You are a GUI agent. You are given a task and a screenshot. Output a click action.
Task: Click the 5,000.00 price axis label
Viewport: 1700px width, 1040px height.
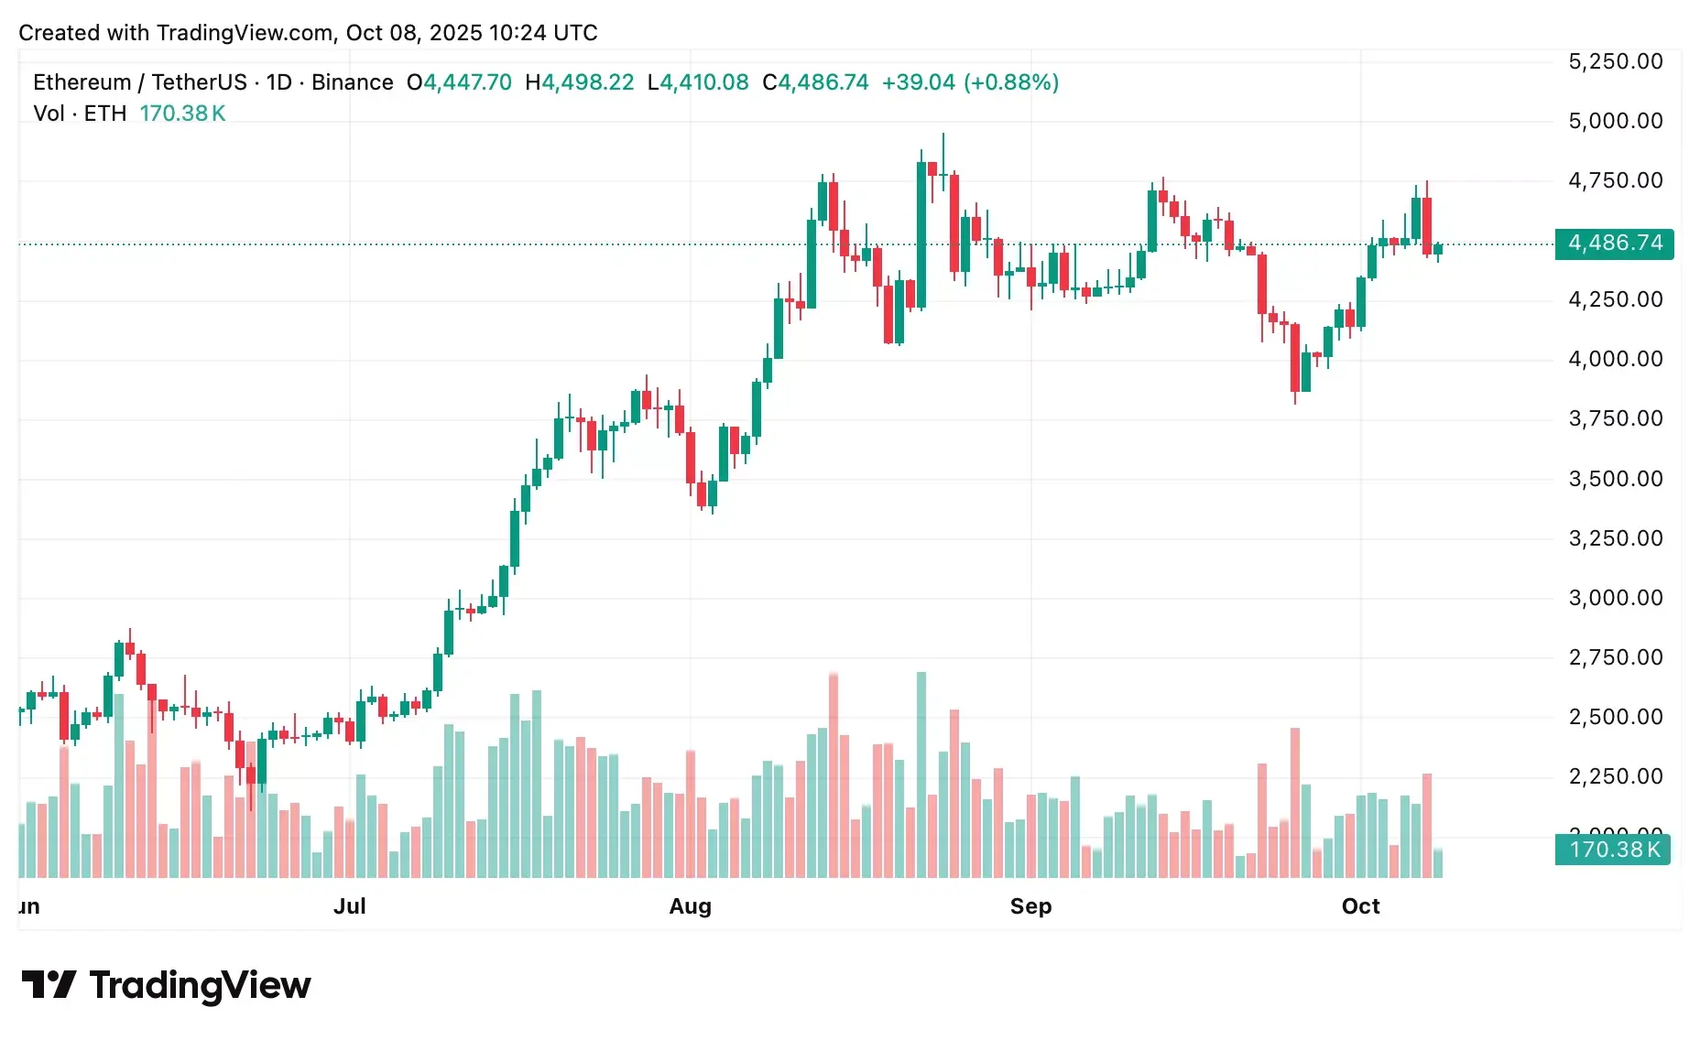[1615, 121]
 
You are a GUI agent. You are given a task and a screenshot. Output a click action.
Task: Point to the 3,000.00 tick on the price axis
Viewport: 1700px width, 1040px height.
[1615, 598]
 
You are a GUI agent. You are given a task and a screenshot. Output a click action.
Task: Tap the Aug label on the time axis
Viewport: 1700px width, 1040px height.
[690, 906]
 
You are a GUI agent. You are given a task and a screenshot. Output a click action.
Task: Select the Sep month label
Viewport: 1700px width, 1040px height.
[1030, 906]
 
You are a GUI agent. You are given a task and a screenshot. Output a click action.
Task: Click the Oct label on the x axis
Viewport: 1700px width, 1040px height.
[1360, 906]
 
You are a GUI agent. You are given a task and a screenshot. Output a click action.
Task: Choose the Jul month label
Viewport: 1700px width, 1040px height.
[349, 906]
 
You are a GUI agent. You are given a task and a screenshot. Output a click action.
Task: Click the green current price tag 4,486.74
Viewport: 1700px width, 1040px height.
[1614, 244]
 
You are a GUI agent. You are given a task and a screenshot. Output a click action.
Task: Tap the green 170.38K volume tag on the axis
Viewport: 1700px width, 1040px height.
[1614, 850]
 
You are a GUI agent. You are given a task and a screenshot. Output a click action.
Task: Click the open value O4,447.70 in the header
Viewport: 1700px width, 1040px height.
[459, 82]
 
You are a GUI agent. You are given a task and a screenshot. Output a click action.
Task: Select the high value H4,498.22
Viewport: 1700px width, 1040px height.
[579, 82]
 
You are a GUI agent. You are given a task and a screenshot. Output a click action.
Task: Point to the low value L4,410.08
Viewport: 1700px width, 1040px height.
[697, 82]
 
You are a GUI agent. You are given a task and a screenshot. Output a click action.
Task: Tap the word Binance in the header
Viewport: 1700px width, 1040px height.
[352, 82]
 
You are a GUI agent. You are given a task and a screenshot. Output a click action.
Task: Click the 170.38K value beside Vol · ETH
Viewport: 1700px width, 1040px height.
[182, 114]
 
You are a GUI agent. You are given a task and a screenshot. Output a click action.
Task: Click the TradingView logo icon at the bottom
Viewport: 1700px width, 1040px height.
[49, 985]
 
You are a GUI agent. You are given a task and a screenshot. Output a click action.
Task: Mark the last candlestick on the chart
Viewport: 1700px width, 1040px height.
[1437, 249]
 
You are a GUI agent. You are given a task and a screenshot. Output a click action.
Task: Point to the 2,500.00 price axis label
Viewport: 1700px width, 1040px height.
[1615, 717]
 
